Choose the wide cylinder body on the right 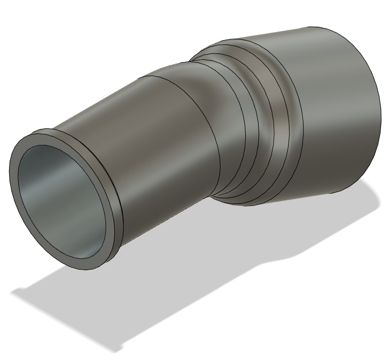coord(331,107)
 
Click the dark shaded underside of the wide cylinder coord(321,177)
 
